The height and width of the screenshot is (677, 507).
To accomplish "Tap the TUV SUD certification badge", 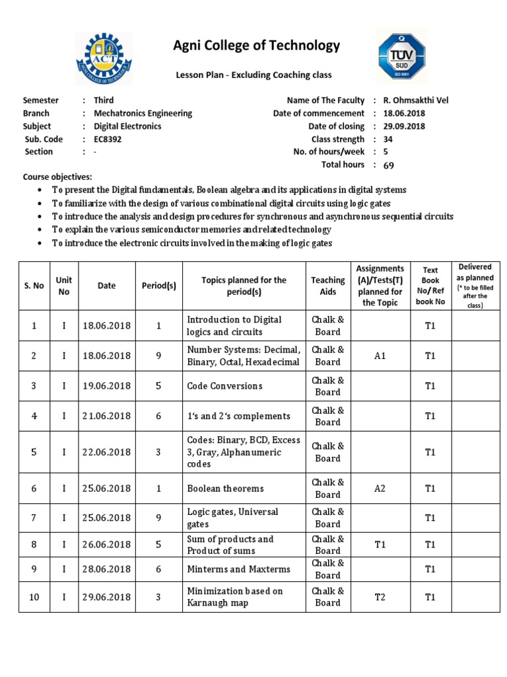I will pyautogui.click(x=402, y=58).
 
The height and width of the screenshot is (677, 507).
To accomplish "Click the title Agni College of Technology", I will pyautogui.click(x=256, y=46).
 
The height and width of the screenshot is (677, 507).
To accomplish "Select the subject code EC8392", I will pyautogui.click(x=108, y=139).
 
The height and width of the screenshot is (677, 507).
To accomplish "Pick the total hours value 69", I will pyautogui.click(x=388, y=165).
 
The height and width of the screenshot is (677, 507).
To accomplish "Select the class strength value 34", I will pyautogui.click(x=388, y=139).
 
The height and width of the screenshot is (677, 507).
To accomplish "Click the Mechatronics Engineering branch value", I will pyautogui.click(x=143, y=113).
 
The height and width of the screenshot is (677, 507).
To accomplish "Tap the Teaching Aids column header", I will pyautogui.click(x=327, y=286).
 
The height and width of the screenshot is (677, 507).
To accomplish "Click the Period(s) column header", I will pyautogui.click(x=158, y=286).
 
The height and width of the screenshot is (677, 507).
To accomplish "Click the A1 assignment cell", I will pyautogui.click(x=380, y=356).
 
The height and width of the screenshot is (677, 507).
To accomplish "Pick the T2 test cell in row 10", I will pyautogui.click(x=380, y=597).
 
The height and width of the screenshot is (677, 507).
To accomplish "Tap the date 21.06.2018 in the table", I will pyautogui.click(x=106, y=416).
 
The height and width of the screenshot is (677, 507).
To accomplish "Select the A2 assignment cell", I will pyautogui.click(x=380, y=489).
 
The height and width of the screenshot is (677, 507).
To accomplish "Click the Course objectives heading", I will pyautogui.click(x=57, y=177).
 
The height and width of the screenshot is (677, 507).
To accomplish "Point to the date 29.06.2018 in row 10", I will pyautogui.click(x=106, y=597).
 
